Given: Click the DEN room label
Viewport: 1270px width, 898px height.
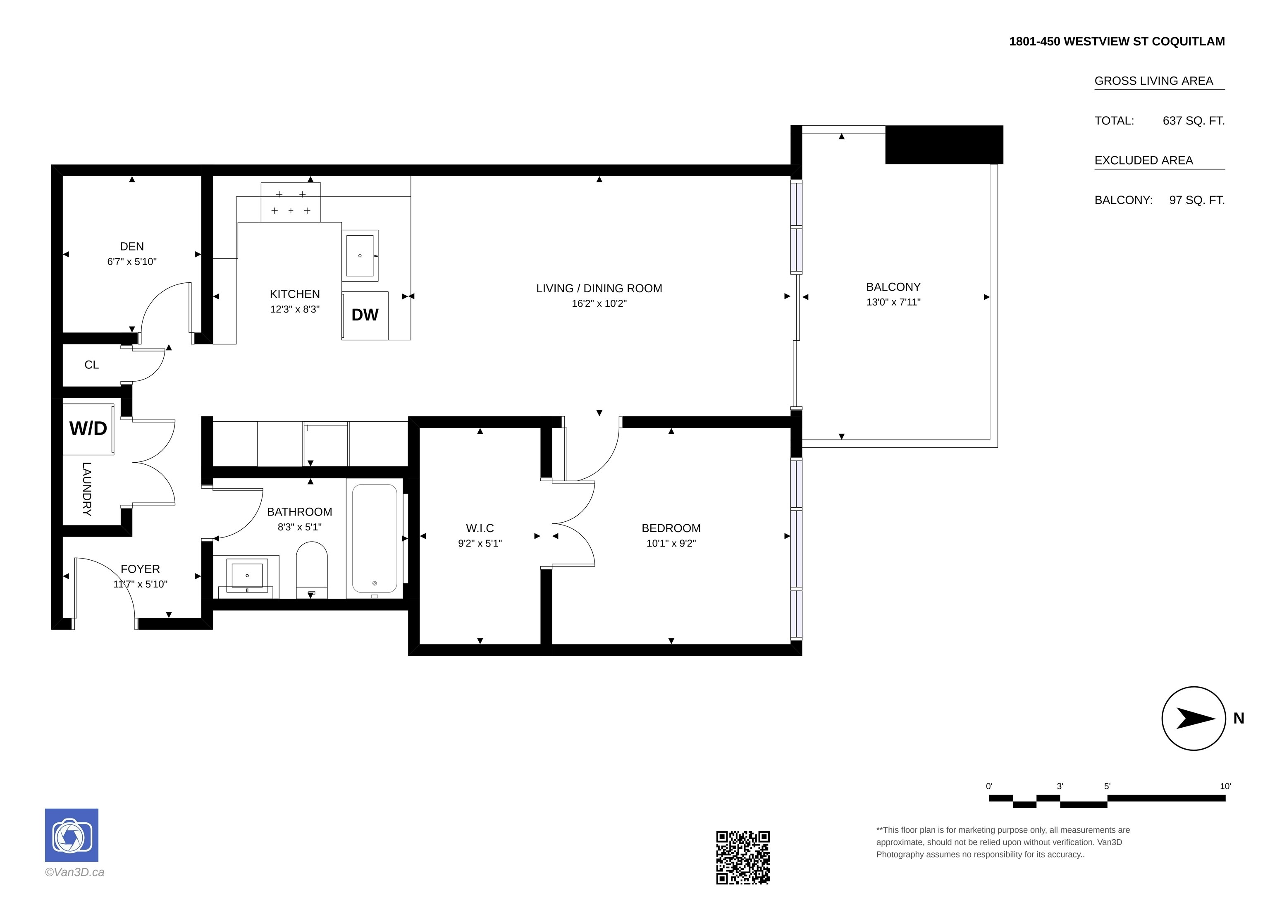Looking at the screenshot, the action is [x=131, y=247].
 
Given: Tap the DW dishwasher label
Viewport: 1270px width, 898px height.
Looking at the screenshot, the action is [x=365, y=315].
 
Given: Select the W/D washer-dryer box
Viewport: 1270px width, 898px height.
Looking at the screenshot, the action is [x=88, y=429].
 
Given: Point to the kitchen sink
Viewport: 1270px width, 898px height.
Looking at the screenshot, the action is [x=360, y=255].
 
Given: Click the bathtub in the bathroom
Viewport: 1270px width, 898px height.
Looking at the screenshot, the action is [x=375, y=538].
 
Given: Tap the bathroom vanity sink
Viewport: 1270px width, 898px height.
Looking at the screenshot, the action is [x=247, y=576].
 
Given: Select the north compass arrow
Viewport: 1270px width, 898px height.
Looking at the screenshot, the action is [x=1195, y=718].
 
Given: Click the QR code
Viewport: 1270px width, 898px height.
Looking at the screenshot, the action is [x=743, y=857].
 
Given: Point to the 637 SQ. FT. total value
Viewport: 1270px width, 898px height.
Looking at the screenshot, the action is [x=1194, y=121].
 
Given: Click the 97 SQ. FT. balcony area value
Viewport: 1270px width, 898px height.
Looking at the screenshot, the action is [x=1197, y=200].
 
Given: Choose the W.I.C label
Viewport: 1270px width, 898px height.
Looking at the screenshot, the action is [x=480, y=528].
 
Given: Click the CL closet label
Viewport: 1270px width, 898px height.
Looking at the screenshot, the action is [x=91, y=365].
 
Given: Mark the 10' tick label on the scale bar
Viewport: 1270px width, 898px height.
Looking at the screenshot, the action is [x=1225, y=786].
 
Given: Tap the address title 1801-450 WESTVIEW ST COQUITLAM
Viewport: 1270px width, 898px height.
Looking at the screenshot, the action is [x=1117, y=41].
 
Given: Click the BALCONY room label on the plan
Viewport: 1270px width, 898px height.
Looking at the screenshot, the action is [x=893, y=287].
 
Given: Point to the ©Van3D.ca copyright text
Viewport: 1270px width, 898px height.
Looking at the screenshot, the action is [x=75, y=872].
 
